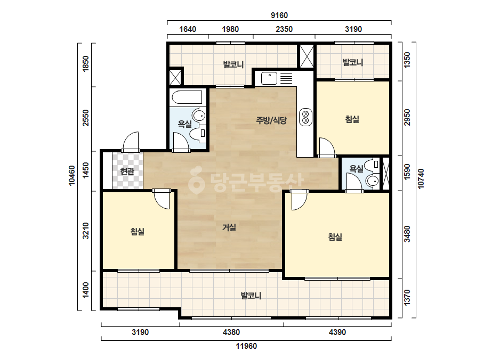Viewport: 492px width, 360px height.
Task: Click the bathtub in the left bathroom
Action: tap(187, 97)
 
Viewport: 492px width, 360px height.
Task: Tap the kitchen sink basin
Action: tap(269, 78)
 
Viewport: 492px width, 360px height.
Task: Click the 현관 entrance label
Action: tap(127, 171)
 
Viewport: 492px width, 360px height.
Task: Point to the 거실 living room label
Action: tap(229, 227)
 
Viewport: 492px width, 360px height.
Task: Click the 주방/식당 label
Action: tap(271, 120)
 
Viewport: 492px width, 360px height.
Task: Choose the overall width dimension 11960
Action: tap(246, 346)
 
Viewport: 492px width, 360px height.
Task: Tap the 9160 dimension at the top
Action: tap(279, 15)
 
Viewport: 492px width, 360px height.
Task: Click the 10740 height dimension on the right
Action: tap(421, 179)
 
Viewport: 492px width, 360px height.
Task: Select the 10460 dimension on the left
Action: tap(72, 176)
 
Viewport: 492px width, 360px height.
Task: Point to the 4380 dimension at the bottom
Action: tap(231, 332)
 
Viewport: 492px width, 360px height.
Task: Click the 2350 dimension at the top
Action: tap(284, 29)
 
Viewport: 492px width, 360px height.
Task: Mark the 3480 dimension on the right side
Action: tap(407, 234)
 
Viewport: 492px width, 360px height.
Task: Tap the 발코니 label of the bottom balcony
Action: tap(251, 296)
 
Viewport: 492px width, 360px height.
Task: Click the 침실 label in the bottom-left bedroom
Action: tap(138, 232)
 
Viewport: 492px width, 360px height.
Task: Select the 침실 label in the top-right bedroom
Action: tap(352, 119)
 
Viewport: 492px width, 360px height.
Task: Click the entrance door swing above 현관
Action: tap(131, 142)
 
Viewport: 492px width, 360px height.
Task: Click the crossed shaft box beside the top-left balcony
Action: tap(175, 77)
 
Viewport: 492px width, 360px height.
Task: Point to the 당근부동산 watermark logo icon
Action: tap(197, 179)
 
